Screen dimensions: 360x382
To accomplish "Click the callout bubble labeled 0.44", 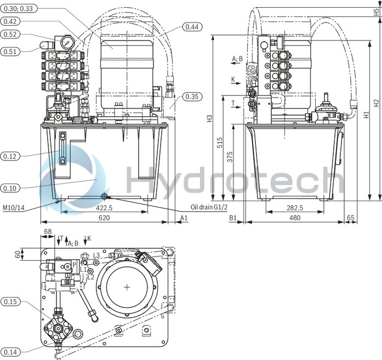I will (x=191, y=26).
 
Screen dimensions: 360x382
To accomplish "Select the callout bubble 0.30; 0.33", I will (x=19, y=8).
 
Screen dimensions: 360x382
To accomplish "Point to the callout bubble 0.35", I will (x=192, y=97).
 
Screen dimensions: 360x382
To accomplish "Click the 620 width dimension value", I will (x=104, y=218).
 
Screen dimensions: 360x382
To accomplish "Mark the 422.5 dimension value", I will (x=104, y=208).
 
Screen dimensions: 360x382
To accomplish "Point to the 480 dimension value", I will (x=295, y=218).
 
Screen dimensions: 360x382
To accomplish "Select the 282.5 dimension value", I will (x=295, y=208).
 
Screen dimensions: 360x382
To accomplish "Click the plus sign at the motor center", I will (x=127, y=287).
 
